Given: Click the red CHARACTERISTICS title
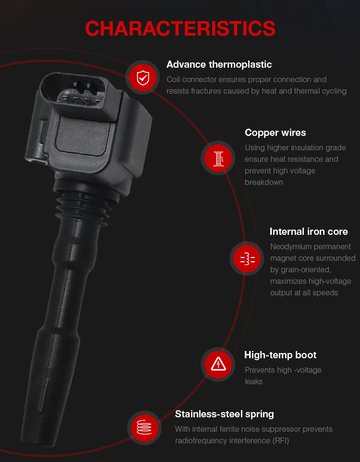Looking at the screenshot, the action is [180, 29].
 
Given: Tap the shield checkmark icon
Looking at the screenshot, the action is [143, 78].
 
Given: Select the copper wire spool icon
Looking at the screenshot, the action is [218, 158].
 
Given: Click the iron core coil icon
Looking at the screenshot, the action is [247, 258].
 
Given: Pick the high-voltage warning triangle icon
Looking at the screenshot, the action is [218, 365].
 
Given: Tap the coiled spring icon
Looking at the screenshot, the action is [144, 428].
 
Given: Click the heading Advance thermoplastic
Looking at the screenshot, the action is [219, 64].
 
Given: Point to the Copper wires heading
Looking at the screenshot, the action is [275, 133].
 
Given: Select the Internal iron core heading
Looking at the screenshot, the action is [309, 231].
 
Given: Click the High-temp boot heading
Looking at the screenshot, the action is [280, 355].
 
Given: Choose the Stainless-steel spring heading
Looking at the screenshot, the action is [224, 414].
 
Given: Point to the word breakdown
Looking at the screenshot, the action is [264, 182].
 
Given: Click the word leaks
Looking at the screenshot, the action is [253, 382].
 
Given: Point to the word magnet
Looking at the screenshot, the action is [283, 258].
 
